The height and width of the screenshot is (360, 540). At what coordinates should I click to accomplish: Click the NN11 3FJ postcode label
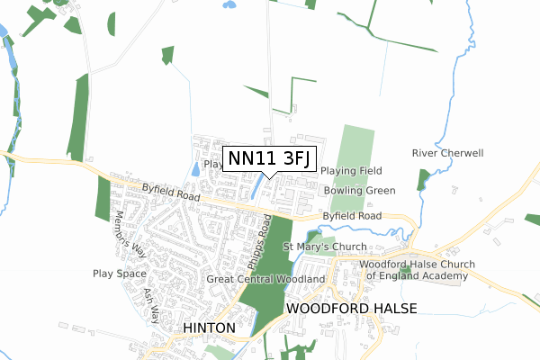pos(269,158)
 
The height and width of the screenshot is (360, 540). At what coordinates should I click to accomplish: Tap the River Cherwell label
pos(447,153)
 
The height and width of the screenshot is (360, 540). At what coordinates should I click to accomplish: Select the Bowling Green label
pos(358,191)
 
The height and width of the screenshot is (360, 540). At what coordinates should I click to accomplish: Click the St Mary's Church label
pos(325,247)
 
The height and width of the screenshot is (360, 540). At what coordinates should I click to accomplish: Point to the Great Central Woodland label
pos(265,280)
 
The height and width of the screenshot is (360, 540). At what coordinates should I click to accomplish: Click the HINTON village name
pos(210,328)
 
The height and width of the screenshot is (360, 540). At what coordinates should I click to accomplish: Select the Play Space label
pos(119,273)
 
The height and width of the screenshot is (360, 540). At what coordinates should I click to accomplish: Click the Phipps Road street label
pos(259,242)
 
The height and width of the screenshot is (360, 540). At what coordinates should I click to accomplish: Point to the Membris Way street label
pos(127,237)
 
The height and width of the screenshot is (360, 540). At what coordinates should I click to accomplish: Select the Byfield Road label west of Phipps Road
pos(170,192)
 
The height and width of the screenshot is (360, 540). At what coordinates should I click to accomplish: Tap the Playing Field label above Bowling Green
pos(352,171)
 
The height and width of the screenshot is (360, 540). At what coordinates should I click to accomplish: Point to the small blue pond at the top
pos(229,4)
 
